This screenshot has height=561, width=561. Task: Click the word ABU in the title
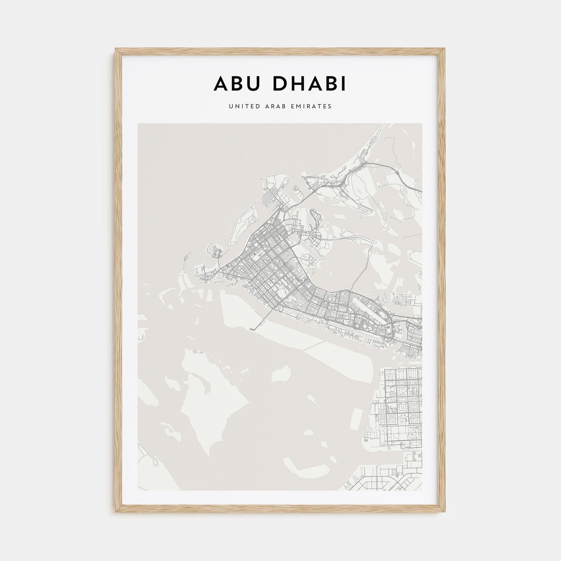[x=236, y=84]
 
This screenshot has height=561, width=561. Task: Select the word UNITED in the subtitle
[x=242, y=107]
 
